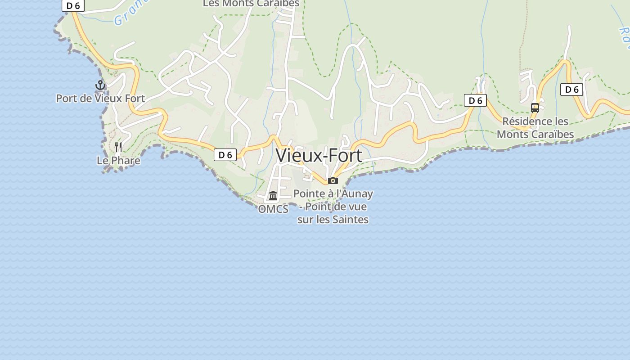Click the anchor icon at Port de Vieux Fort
100,85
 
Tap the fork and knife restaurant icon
118,147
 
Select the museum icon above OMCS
273,196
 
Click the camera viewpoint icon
333,181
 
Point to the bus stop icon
535,108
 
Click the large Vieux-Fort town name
319,156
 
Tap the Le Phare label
118,161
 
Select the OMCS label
273,209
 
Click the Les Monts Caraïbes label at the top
251,4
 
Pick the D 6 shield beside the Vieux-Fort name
225,155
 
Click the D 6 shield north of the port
73,5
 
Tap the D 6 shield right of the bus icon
571,90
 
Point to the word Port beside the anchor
67,98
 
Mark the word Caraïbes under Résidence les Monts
554,134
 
